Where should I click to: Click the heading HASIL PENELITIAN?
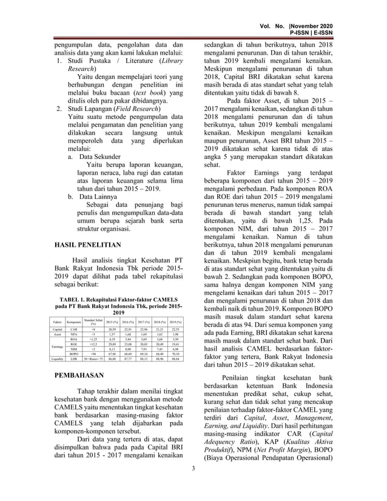coord(87,246)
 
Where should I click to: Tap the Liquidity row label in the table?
coord(58,359)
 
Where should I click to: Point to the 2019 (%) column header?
coord(176,321)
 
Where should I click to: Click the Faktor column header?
coord(58,321)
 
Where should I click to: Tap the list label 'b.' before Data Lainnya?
coord(71,197)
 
